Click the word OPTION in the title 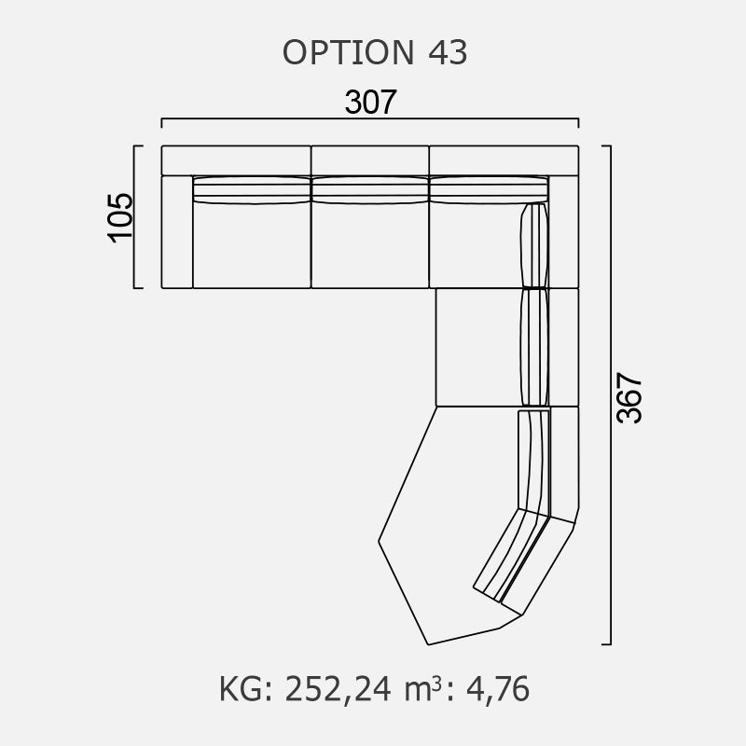pos(348,52)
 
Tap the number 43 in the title pos(448,52)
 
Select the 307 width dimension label pos(370,102)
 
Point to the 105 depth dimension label pos(120,217)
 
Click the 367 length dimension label pos(629,398)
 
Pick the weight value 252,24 pos(338,689)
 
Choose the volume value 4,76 pos(498,689)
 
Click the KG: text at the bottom pos(245,689)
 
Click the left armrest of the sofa pos(177,231)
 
